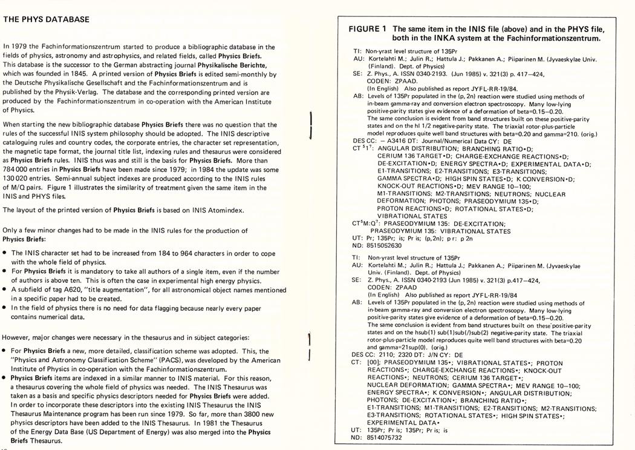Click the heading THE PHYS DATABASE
[x=47, y=19]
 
